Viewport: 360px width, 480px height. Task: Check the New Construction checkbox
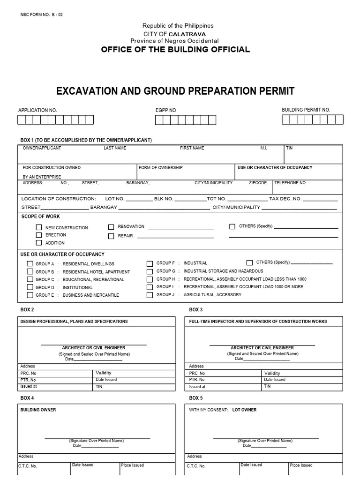39,227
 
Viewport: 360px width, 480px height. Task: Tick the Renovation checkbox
111,227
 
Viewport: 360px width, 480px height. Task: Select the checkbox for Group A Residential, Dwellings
30,264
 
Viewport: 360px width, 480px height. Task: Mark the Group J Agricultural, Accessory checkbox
150,295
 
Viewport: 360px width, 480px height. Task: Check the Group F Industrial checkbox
150,263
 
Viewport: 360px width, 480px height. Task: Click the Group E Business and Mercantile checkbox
30,295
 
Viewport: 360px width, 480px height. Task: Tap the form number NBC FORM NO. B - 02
42,15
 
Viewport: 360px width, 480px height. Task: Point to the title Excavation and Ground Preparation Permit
175,90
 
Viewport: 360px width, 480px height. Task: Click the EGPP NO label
165,110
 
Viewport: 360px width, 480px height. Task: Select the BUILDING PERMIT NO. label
306,110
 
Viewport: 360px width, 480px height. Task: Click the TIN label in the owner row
289,148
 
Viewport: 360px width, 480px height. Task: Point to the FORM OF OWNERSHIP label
161,167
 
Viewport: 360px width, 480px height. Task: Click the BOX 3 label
196,310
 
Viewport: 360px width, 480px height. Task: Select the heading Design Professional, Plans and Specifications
74,322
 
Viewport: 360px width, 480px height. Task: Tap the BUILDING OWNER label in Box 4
38,410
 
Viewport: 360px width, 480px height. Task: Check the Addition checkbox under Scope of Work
39,243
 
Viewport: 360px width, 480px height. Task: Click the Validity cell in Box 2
104,373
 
